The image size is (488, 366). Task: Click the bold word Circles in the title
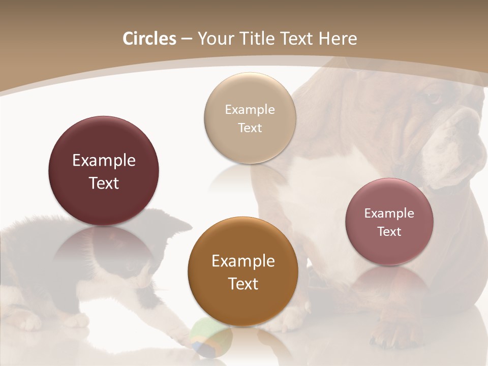pyautogui.click(x=149, y=39)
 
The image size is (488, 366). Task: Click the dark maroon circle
pyautogui.click(x=104, y=171)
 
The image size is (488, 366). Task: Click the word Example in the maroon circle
pyautogui.click(x=104, y=161)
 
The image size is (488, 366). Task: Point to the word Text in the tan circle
pyautogui.click(x=250, y=128)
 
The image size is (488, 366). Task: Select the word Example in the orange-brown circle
pyautogui.click(x=243, y=261)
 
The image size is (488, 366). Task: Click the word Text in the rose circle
pyautogui.click(x=389, y=232)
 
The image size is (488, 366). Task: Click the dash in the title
pyautogui.click(x=187, y=39)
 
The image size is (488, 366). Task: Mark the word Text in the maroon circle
pyautogui.click(x=104, y=183)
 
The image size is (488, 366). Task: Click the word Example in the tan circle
pyautogui.click(x=250, y=110)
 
